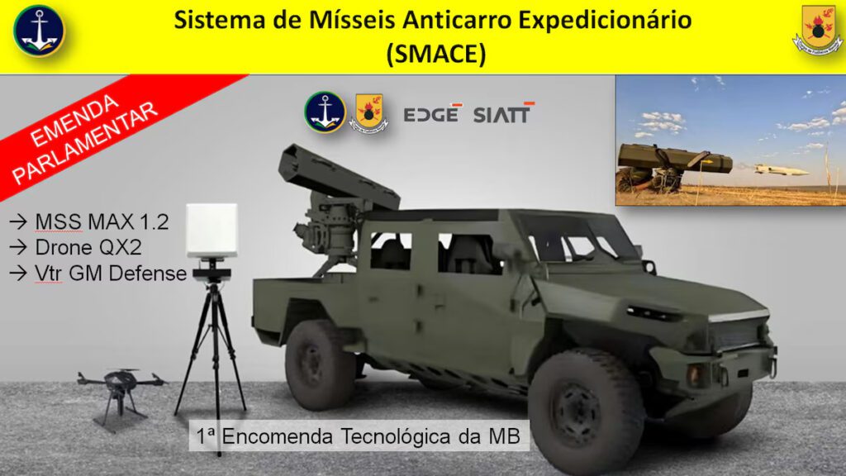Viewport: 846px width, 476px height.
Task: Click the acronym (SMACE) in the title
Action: coord(436,54)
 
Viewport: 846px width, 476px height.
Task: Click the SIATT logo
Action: coord(504,112)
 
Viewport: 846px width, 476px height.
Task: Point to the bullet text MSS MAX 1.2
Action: coord(102,221)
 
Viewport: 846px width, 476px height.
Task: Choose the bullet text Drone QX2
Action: coord(88,247)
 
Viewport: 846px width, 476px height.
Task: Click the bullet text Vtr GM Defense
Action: coord(111,273)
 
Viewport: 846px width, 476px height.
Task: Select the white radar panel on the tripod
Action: coord(211,231)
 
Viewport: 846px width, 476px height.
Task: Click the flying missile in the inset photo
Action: coord(781,170)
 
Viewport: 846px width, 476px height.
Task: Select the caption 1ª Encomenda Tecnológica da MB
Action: coord(359,436)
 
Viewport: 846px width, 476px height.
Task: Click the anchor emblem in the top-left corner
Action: coord(39,31)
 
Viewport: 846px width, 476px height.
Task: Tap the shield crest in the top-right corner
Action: coord(817,30)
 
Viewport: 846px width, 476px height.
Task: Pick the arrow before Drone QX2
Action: coord(18,247)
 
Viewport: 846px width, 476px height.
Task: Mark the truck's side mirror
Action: coord(649,267)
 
